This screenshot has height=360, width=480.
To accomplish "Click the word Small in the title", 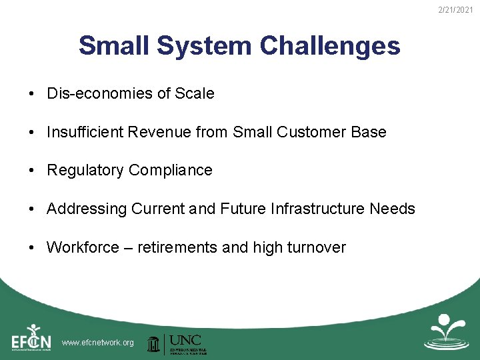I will click(x=114, y=46).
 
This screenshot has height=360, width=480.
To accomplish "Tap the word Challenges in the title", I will click(x=330, y=46).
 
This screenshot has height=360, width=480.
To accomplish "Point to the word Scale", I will click(x=195, y=94).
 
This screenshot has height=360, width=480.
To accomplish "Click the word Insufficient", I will click(x=87, y=133).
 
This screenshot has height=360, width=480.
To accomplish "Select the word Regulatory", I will click(x=85, y=171).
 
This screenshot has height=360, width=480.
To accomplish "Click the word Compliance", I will click(x=171, y=171).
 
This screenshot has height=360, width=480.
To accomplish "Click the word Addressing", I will click(x=87, y=209).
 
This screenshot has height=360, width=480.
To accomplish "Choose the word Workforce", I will click(x=83, y=248).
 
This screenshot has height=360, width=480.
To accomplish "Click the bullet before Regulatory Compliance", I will click(x=33, y=171).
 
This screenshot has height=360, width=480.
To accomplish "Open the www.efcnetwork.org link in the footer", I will click(x=97, y=343).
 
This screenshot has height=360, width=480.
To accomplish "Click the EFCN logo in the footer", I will click(x=31, y=339).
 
